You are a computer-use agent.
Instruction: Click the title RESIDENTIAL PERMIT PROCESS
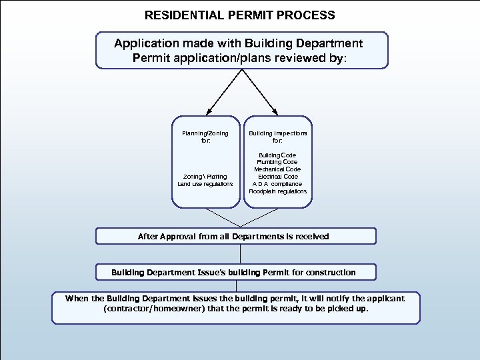point(240,15)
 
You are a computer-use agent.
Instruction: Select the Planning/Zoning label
point(205,133)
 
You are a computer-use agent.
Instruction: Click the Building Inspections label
point(278,133)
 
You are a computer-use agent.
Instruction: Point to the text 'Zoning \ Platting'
point(205,177)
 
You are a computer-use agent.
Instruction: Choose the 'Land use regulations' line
point(205,184)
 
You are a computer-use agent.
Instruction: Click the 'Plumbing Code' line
point(278,162)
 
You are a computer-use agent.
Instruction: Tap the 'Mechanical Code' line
point(278,169)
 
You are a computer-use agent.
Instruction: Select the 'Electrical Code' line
point(278,177)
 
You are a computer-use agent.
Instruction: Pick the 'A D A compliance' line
point(278,184)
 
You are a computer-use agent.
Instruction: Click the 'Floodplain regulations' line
point(278,191)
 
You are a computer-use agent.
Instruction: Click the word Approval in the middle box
point(184,237)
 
